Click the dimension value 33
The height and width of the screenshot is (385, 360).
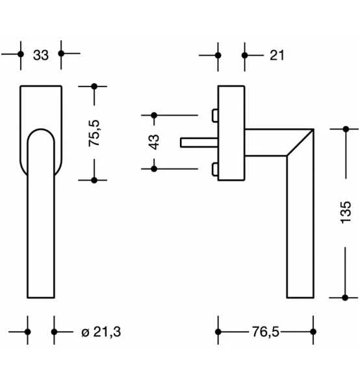click(40, 55)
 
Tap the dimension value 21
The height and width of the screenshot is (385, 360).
click(277, 55)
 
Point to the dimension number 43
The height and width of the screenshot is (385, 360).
click(154, 142)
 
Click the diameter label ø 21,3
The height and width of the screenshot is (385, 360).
click(101, 332)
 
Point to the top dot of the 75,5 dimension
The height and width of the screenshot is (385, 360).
click(94, 86)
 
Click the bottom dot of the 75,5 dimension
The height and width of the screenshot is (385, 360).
click(94, 180)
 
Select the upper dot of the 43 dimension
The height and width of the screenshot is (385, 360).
click(154, 115)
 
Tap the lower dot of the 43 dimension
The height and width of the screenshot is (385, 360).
click(154, 169)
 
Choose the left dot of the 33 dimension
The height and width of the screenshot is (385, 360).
click(21, 55)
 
